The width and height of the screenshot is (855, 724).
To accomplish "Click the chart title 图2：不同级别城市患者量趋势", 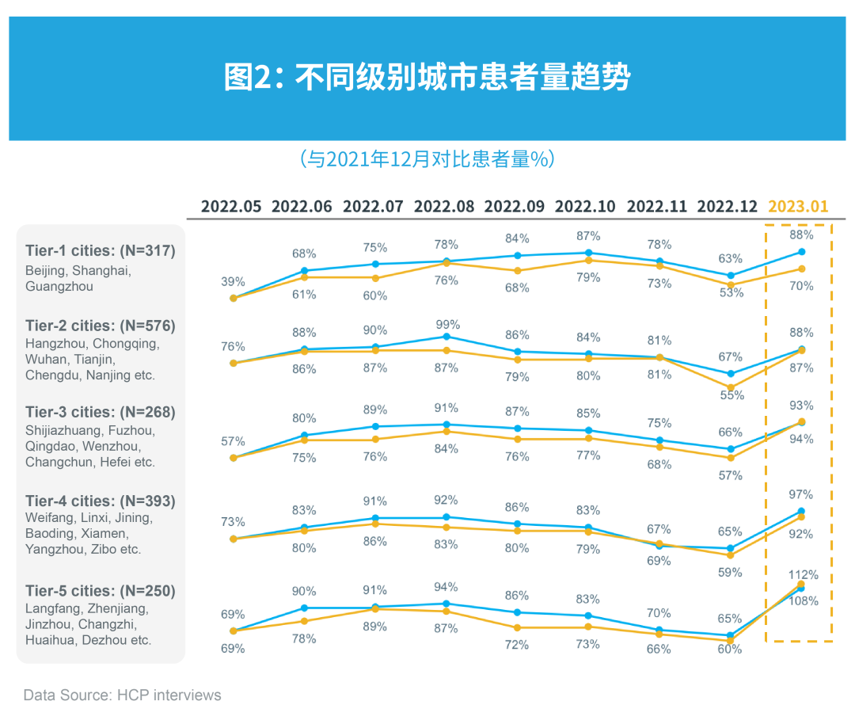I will click(427, 78).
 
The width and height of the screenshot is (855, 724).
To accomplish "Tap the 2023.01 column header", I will click(798, 207).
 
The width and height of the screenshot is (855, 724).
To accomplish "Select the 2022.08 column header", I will click(444, 207).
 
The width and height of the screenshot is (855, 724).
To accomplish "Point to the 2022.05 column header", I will click(231, 207).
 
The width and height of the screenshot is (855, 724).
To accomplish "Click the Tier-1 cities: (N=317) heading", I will click(101, 251).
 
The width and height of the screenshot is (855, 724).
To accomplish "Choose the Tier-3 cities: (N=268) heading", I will click(101, 412).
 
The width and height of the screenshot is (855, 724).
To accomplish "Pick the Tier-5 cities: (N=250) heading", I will click(101, 591).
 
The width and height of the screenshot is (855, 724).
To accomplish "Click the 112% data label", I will click(802, 574).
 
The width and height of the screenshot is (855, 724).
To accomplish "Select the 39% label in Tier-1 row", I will click(233, 282).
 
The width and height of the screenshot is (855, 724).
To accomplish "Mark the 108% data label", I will click(802, 600).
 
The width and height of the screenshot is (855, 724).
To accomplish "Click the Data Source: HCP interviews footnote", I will click(123, 695).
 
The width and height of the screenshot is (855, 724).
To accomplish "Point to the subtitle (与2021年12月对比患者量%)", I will click(427, 159).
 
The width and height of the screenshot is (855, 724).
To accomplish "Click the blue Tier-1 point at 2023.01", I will click(801, 252).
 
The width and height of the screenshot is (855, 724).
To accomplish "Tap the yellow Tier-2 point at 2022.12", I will click(731, 387).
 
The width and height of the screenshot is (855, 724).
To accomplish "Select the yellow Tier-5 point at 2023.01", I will click(801, 585).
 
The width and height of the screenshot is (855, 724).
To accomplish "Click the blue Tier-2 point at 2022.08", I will click(446, 337).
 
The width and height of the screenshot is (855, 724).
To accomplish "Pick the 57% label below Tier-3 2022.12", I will click(731, 475).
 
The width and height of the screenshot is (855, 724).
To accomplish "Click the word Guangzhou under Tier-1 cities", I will click(59, 287).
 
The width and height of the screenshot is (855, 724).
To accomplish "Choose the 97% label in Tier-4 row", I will click(801, 494).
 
